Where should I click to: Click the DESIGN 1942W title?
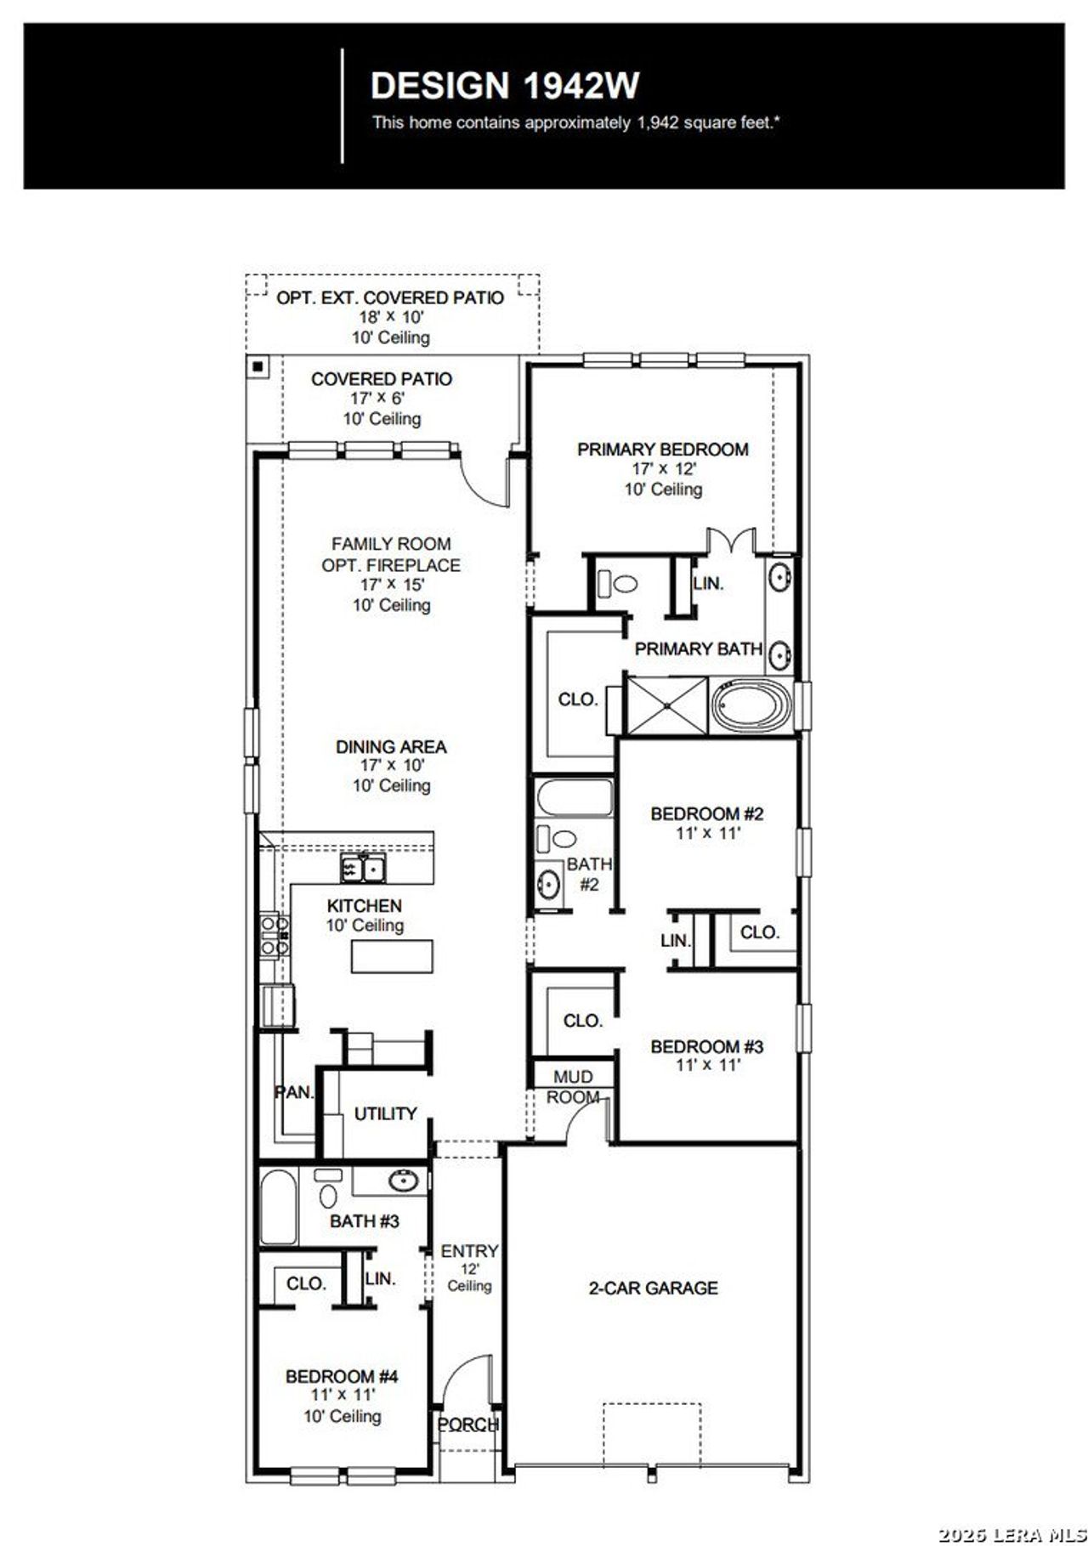tap(505, 86)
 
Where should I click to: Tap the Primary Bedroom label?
tap(663, 450)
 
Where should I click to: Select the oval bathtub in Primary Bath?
tap(751, 706)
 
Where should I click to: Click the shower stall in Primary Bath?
tap(666, 705)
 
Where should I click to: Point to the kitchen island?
tap(393, 956)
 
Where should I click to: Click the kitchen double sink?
tap(363, 869)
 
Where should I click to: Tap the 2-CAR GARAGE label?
tap(653, 1288)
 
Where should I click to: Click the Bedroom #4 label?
tap(342, 1376)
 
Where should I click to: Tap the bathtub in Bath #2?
tap(575, 799)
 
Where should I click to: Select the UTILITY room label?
tap(385, 1113)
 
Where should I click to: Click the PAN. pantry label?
tap(294, 1093)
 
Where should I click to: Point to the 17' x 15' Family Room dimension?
tap(391, 585)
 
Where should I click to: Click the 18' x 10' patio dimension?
tap(391, 317)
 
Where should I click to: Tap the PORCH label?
tap(467, 1424)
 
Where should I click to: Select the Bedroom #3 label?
tap(707, 1047)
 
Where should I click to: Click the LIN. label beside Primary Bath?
tap(708, 584)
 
